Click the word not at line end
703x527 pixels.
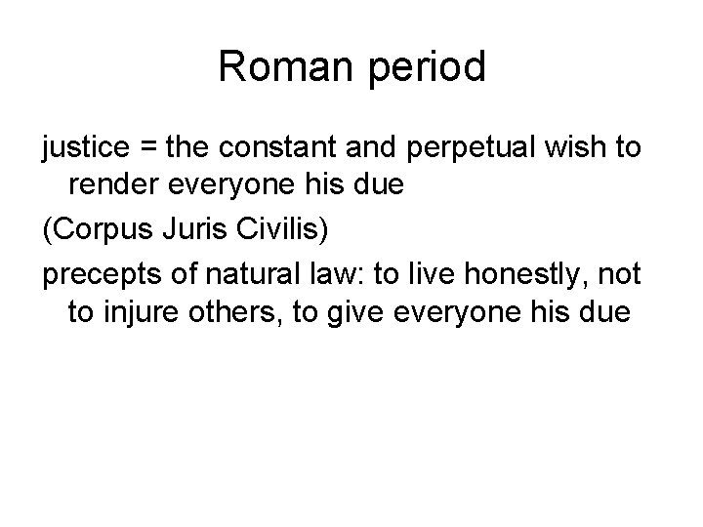[620, 275]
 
